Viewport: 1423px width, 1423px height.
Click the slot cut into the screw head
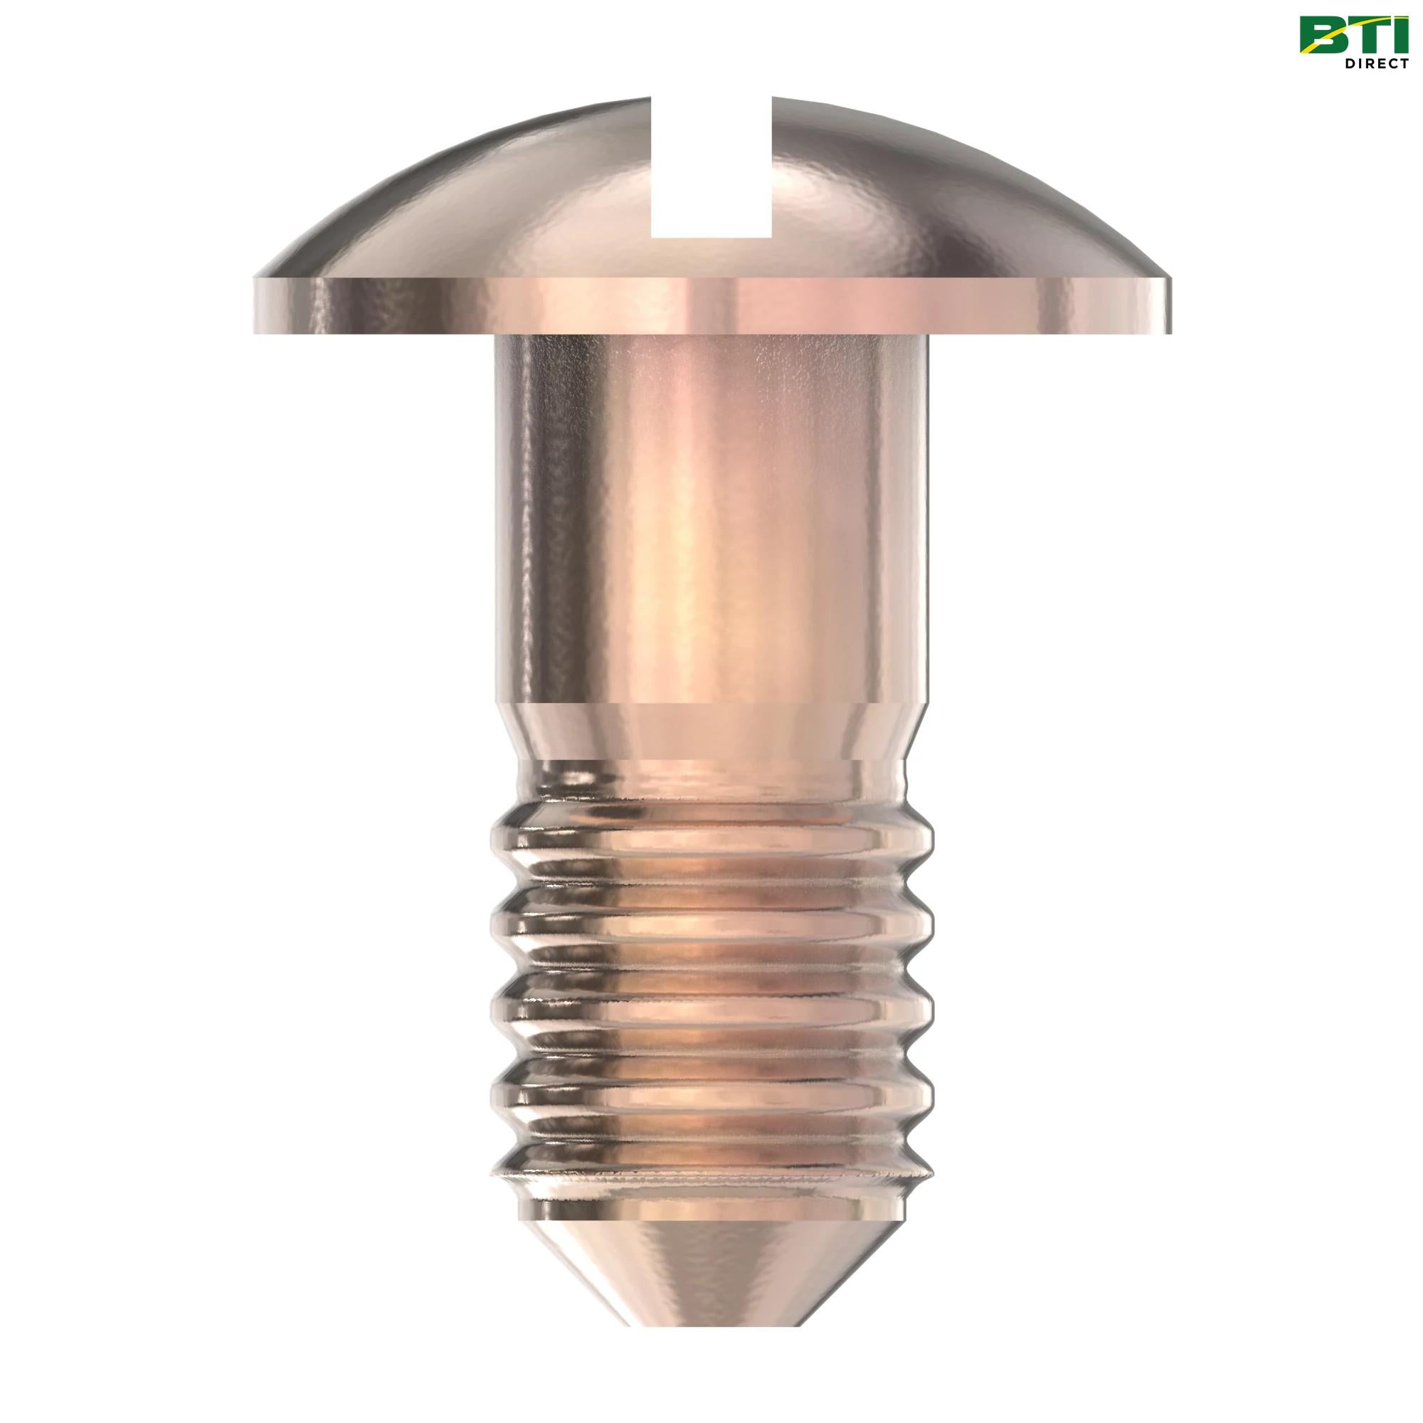(x=711, y=169)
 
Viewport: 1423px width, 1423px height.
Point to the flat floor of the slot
(x=711, y=237)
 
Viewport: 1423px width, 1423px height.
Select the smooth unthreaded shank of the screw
(x=711, y=516)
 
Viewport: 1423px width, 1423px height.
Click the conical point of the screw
(x=711, y=1281)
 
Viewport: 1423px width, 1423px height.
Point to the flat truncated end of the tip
(x=711, y=1345)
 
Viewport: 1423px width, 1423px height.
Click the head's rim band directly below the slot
(x=711, y=306)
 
